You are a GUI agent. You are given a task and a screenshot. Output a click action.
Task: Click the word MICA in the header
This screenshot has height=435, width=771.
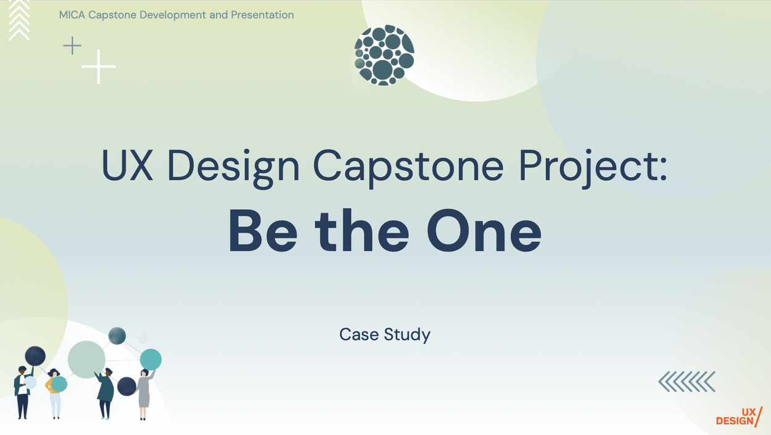(x=72, y=15)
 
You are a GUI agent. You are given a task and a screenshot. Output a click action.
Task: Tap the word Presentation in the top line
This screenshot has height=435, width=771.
(x=262, y=15)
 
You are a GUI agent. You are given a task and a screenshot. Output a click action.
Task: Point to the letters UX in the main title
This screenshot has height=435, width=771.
(x=127, y=165)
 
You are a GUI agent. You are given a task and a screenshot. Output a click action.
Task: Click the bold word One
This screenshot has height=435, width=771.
(x=484, y=230)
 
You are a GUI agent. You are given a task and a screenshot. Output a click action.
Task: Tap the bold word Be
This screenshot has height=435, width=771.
(x=263, y=230)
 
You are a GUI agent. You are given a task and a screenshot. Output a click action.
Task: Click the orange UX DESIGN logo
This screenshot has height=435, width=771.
(x=739, y=416)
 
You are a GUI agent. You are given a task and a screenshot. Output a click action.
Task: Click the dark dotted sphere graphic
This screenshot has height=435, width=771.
(x=384, y=55)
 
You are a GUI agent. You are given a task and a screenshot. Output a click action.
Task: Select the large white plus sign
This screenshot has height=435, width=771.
(x=99, y=67)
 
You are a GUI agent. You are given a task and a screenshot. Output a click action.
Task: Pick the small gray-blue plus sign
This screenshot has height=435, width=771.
(x=72, y=46)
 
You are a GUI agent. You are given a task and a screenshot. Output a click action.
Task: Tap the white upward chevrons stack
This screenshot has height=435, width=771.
(x=19, y=20)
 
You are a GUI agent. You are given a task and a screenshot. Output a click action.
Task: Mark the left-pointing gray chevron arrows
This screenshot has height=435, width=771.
(x=686, y=381)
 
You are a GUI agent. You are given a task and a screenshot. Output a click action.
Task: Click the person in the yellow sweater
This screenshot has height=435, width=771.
(x=54, y=393)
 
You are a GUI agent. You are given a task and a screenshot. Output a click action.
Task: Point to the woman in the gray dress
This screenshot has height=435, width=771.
(x=144, y=394)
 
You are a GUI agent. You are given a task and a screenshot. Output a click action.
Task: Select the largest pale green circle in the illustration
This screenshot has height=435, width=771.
(x=86, y=359)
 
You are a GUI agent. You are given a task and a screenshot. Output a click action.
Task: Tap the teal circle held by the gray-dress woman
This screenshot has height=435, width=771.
(x=150, y=359)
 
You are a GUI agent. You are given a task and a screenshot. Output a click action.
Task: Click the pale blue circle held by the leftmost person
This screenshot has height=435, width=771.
(x=30, y=383)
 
